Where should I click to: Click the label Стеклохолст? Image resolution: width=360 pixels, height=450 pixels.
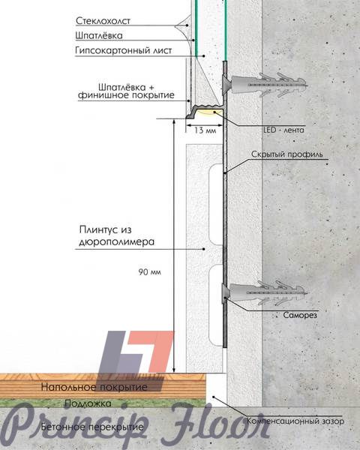[103, 21]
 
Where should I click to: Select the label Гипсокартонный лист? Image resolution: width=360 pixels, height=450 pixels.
[124, 50]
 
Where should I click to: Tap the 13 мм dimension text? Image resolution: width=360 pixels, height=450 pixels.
[205, 130]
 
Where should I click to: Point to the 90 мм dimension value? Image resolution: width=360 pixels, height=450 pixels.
[149, 271]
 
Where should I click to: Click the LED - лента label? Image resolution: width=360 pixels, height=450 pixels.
[283, 130]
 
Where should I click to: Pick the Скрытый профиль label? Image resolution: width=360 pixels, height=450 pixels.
[287, 154]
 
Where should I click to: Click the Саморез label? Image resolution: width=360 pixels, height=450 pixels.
[300, 315]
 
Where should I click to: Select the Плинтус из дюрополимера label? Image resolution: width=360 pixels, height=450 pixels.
[116, 235]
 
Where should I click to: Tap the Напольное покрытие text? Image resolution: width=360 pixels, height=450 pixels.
[94, 387]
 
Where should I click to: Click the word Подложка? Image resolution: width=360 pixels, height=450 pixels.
[88, 403]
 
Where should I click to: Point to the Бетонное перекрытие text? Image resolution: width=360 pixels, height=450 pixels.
[92, 427]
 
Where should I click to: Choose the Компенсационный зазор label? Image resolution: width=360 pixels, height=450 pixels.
[295, 421]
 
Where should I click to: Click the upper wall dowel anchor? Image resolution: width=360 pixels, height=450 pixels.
[264, 84]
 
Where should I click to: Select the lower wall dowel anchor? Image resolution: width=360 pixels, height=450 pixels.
[264, 293]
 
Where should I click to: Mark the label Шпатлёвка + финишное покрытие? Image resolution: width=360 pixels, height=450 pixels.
[126, 91]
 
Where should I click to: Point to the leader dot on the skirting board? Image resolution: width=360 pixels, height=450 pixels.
[204, 249]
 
